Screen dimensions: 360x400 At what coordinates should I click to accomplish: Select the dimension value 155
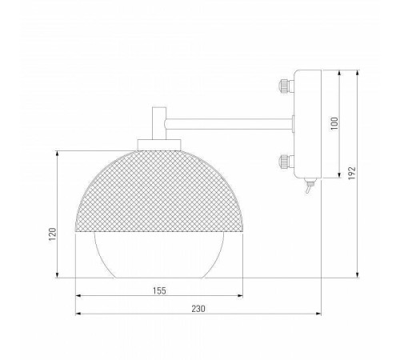[x=159, y=290]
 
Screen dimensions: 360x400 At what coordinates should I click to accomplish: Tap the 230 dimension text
[x=198, y=309]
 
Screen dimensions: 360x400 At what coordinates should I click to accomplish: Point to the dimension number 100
[x=334, y=122]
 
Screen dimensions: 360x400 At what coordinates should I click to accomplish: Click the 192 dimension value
[x=351, y=174]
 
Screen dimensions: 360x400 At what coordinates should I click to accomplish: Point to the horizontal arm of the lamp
[x=228, y=122]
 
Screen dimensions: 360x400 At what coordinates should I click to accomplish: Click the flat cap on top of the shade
[x=159, y=144]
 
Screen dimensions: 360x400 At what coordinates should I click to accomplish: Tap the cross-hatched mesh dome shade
[x=159, y=188]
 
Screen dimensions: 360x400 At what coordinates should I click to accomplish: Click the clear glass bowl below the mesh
[x=159, y=254]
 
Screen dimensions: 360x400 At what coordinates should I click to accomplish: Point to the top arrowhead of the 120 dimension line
[x=60, y=152]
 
